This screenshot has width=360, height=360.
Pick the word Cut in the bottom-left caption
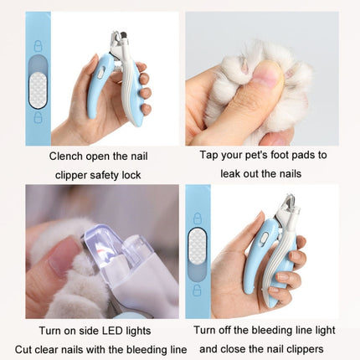click(23, 349)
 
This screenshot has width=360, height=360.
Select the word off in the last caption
click(225, 330)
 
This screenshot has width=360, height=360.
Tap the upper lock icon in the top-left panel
click(38, 46)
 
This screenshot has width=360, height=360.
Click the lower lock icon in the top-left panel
click(38, 117)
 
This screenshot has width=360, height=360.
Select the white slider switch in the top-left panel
click(38, 90)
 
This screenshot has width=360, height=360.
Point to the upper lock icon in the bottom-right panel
click(198, 219)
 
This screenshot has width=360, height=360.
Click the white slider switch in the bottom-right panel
click(198, 245)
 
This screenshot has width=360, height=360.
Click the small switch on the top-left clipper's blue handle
click(100, 73)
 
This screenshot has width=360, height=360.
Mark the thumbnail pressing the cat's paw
click(266, 73)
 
